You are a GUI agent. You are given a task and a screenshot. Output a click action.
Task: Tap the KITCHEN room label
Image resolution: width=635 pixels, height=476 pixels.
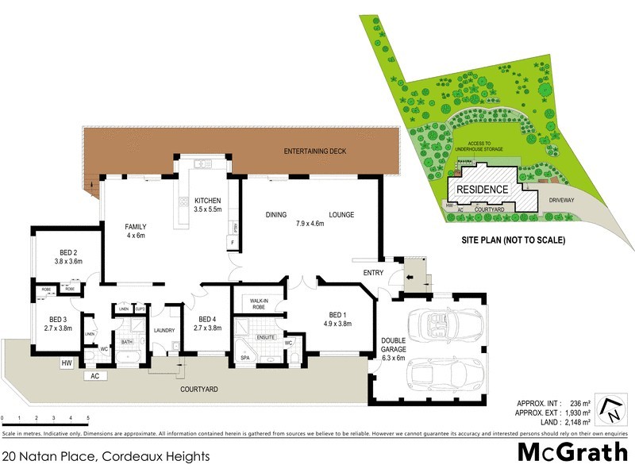pyautogui.click(x=207, y=200)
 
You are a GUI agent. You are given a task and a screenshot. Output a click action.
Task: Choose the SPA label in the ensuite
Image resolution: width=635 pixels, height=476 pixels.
pyautogui.click(x=244, y=358)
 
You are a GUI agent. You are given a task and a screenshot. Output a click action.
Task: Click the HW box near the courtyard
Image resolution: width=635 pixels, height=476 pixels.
pyautogui.click(x=67, y=363)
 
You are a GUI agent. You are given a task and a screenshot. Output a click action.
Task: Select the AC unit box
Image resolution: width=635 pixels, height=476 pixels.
pyautogui.click(x=94, y=375)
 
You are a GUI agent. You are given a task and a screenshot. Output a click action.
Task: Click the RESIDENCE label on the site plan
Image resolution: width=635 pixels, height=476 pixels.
pyautogui.click(x=480, y=190)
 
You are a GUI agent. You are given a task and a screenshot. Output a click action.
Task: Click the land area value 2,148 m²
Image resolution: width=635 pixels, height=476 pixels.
pyautogui.click(x=577, y=423)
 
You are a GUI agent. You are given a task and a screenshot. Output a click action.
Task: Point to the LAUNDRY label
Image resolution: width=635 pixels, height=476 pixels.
pyautogui.click(x=164, y=330)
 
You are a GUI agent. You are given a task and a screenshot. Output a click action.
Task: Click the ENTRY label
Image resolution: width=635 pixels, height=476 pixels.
pyautogui.click(x=373, y=273)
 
